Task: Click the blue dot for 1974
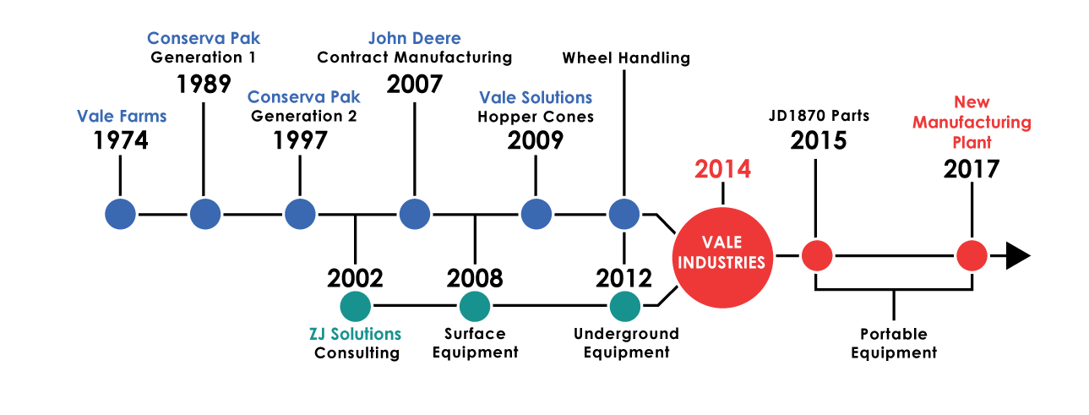coord(120,214)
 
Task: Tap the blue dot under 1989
coord(205,214)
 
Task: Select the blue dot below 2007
coord(415,214)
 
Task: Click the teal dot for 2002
coord(356,306)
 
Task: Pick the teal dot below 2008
coord(475,306)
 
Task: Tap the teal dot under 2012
coord(624,306)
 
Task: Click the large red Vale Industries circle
coord(722,258)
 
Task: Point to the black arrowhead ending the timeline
coord(1018,255)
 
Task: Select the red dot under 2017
coord(972,255)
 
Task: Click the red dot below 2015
coord(817,255)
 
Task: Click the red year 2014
coord(722,169)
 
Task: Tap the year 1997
coord(300,140)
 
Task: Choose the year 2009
coord(536,140)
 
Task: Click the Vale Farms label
coord(122,117)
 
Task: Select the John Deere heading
coord(415,38)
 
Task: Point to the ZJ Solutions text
coord(356,334)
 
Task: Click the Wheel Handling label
coord(626,57)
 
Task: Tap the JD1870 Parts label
coord(819,116)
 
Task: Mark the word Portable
coord(894,334)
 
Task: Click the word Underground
coord(626,334)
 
